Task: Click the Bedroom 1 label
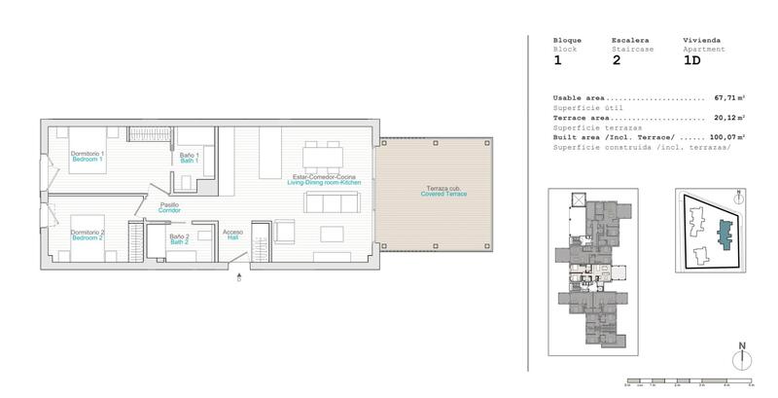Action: pyautogui.click(x=88, y=157)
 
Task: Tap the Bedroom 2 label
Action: pyautogui.click(x=88, y=236)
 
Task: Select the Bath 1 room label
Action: pyautogui.click(x=190, y=158)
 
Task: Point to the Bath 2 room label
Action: pyautogui.click(x=179, y=238)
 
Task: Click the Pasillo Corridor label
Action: pyautogui.click(x=171, y=207)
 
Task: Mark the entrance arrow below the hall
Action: pyautogui.click(x=239, y=277)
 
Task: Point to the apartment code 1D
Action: pyautogui.click(x=691, y=60)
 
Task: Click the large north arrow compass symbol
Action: pyautogui.click(x=742, y=356)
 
